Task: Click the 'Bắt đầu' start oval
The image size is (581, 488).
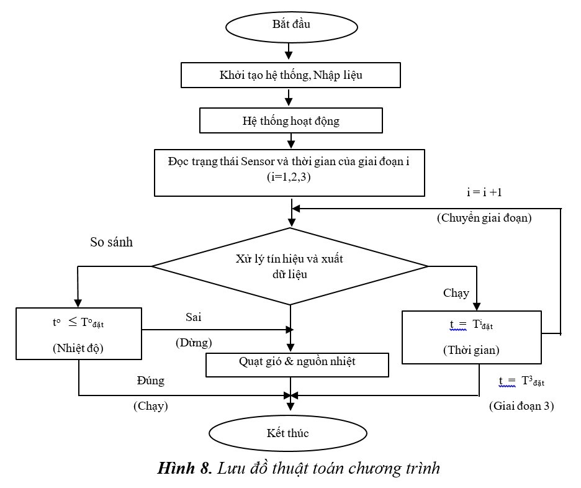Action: pyautogui.click(x=291, y=26)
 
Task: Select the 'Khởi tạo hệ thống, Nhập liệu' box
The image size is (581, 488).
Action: pyautogui.click(x=290, y=75)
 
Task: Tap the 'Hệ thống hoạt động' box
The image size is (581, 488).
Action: pyautogui.click(x=290, y=120)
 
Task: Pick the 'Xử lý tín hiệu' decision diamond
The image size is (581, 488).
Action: pyautogui.click(x=290, y=266)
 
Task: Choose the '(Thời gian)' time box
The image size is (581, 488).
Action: pyautogui.click(x=472, y=337)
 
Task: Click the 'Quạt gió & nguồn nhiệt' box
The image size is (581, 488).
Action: pyautogui.click(x=297, y=364)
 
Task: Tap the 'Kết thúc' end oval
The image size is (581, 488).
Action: pyautogui.click(x=288, y=433)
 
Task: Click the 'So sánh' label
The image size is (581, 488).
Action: pyautogui.click(x=112, y=242)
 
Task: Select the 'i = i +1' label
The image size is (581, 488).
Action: pyautogui.click(x=484, y=192)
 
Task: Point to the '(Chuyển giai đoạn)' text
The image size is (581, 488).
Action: pyautogui.click(x=484, y=218)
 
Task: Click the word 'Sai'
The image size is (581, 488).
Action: pyautogui.click(x=193, y=317)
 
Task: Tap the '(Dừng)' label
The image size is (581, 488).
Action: pyautogui.click(x=194, y=342)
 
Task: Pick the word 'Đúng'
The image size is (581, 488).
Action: pyautogui.click(x=151, y=381)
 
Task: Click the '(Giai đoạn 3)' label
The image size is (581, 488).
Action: pyautogui.click(x=521, y=406)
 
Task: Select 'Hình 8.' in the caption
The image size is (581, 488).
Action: pyautogui.click(x=184, y=468)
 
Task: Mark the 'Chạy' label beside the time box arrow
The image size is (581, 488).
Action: pyautogui.click(x=456, y=292)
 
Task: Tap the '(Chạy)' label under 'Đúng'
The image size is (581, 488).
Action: pyautogui.click(x=151, y=406)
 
